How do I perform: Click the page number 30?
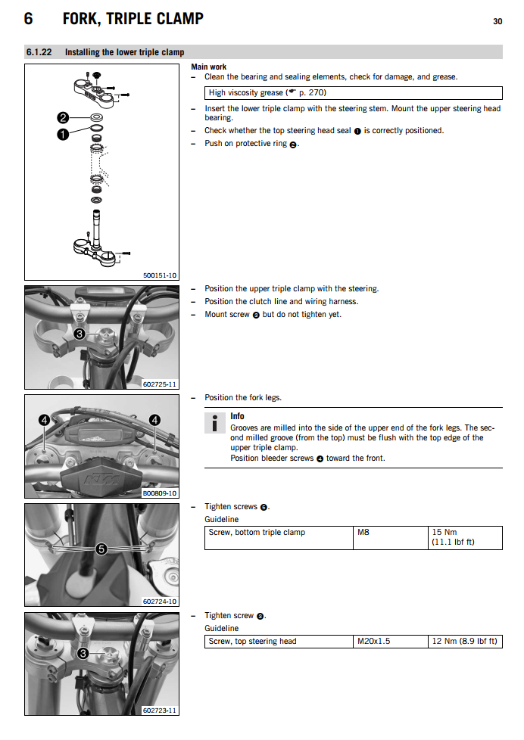click(x=497, y=21)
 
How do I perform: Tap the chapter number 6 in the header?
click(x=28, y=18)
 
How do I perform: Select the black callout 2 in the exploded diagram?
click(x=64, y=117)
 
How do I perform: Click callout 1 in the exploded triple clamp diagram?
click(x=64, y=133)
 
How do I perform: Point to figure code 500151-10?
click(x=160, y=275)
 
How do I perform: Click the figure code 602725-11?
click(x=160, y=384)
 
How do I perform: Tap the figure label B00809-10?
click(x=160, y=493)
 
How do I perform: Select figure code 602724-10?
click(x=160, y=602)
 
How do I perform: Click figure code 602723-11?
click(x=160, y=710)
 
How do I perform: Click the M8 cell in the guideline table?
click(x=364, y=533)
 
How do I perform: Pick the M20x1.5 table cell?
click(x=374, y=642)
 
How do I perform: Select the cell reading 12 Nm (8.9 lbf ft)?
click(x=464, y=642)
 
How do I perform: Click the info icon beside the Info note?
click(x=215, y=423)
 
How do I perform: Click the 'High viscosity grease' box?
click(x=354, y=93)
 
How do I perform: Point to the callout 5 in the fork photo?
click(x=101, y=549)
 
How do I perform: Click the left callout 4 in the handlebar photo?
click(x=45, y=420)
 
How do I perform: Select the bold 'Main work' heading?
click(x=208, y=67)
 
